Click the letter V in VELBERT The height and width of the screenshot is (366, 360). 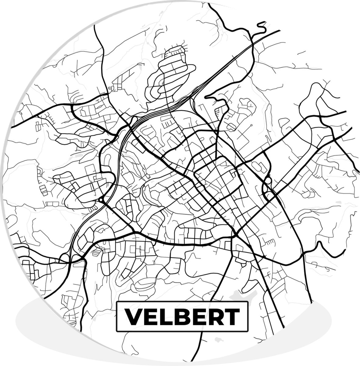point(132,316)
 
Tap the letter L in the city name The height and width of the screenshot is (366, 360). point(164,316)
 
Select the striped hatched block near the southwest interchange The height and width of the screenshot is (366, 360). point(96,252)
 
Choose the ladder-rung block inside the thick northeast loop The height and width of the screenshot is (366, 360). point(217,112)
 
